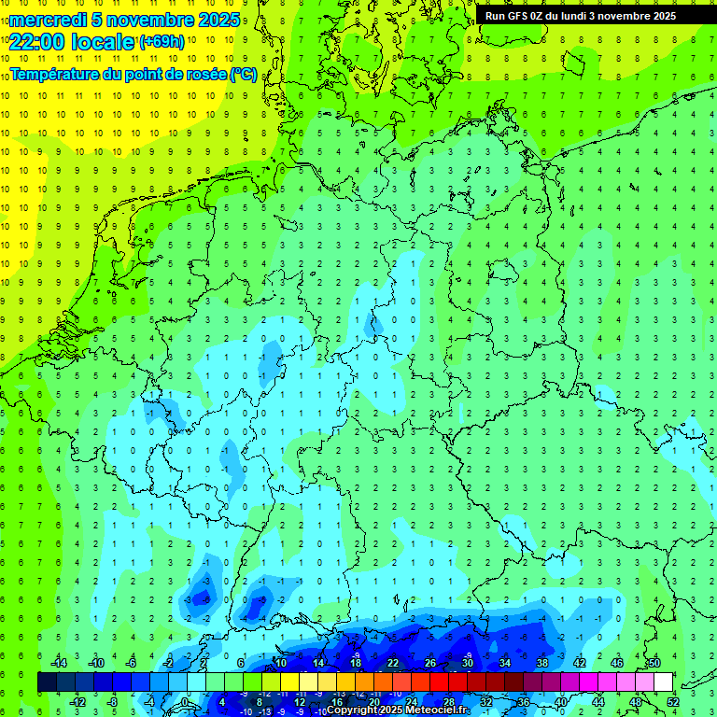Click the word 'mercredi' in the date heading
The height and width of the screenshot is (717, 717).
(x=48, y=20)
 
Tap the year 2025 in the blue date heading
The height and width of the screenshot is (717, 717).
(x=218, y=20)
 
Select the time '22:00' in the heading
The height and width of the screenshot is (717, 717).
(x=36, y=42)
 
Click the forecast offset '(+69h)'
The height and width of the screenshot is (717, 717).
(x=162, y=42)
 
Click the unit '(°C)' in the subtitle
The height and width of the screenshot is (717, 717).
(x=243, y=74)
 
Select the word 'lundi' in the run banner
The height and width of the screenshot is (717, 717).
(x=581, y=16)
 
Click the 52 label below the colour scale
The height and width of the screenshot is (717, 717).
(x=672, y=701)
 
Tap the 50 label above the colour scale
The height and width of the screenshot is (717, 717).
(x=654, y=663)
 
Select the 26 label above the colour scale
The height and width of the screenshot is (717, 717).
(x=430, y=663)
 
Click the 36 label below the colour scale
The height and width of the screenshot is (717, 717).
(x=523, y=701)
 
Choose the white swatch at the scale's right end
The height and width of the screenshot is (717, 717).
(x=663, y=682)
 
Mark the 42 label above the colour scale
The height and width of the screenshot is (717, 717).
(x=579, y=663)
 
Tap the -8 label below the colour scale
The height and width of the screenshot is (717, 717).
(x=114, y=701)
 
